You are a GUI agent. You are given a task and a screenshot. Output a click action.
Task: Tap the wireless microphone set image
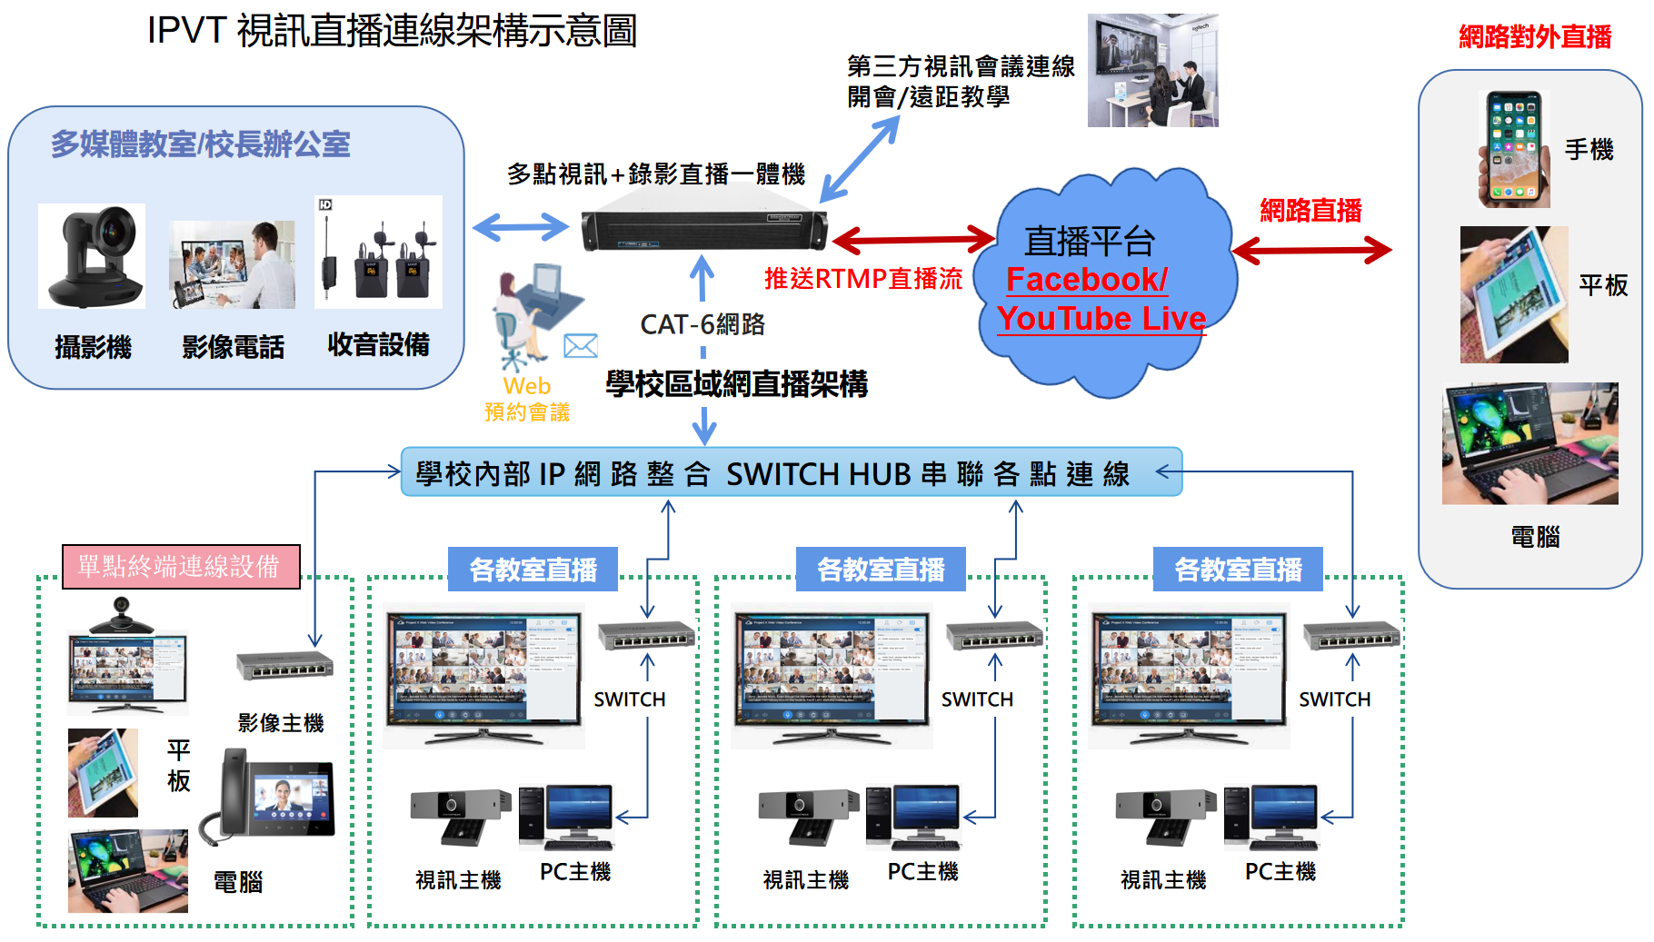coord(378,253)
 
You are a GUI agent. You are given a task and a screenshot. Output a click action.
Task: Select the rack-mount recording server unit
coord(704,229)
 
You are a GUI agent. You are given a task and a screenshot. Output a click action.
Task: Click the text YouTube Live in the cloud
coord(1101,319)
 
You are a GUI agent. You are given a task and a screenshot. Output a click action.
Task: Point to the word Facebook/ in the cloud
coord(1086,279)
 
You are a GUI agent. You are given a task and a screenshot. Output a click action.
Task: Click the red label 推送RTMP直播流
coord(862,279)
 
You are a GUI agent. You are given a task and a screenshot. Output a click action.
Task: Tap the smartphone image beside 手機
coord(1514,149)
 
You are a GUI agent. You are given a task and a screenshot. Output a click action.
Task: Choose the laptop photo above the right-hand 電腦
coord(1529,443)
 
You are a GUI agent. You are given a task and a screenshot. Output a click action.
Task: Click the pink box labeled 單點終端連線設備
coord(181,567)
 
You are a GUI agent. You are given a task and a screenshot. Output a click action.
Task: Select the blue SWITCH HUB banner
coord(791,472)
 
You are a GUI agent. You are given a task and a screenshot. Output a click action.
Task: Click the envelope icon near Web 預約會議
coord(580,346)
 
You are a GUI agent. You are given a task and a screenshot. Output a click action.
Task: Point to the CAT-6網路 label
coord(702,324)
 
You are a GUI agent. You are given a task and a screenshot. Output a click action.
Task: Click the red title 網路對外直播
coord(1534,36)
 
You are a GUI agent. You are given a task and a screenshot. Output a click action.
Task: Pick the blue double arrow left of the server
coord(521,227)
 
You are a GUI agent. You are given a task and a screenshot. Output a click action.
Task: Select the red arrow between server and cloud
coord(913,240)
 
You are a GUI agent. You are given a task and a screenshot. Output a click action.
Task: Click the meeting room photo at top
coord(1152,71)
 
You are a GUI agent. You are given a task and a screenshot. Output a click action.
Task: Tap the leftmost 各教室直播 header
coord(533,570)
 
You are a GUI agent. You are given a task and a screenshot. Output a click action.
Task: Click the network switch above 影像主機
coord(284,665)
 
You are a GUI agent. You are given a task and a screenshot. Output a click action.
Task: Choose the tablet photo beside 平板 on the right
coord(1513,294)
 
